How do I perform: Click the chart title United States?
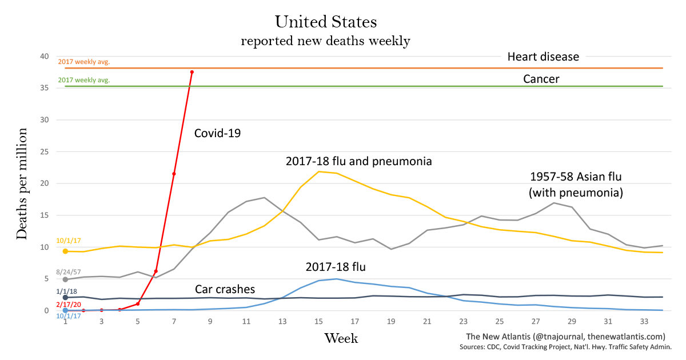click(x=326, y=22)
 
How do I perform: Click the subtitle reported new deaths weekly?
click(x=325, y=41)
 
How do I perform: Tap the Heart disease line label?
click(x=543, y=57)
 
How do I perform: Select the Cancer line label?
click(x=541, y=79)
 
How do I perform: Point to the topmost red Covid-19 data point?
click(x=192, y=72)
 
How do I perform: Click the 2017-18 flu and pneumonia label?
click(x=358, y=161)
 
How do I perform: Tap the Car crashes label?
click(x=225, y=289)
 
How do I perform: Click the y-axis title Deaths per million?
click(x=22, y=184)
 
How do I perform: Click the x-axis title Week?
click(x=341, y=338)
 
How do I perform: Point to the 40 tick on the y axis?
click(x=45, y=57)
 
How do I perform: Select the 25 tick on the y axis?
click(x=45, y=152)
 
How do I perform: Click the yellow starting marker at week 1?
click(x=65, y=251)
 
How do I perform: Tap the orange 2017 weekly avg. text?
click(x=83, y=61)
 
